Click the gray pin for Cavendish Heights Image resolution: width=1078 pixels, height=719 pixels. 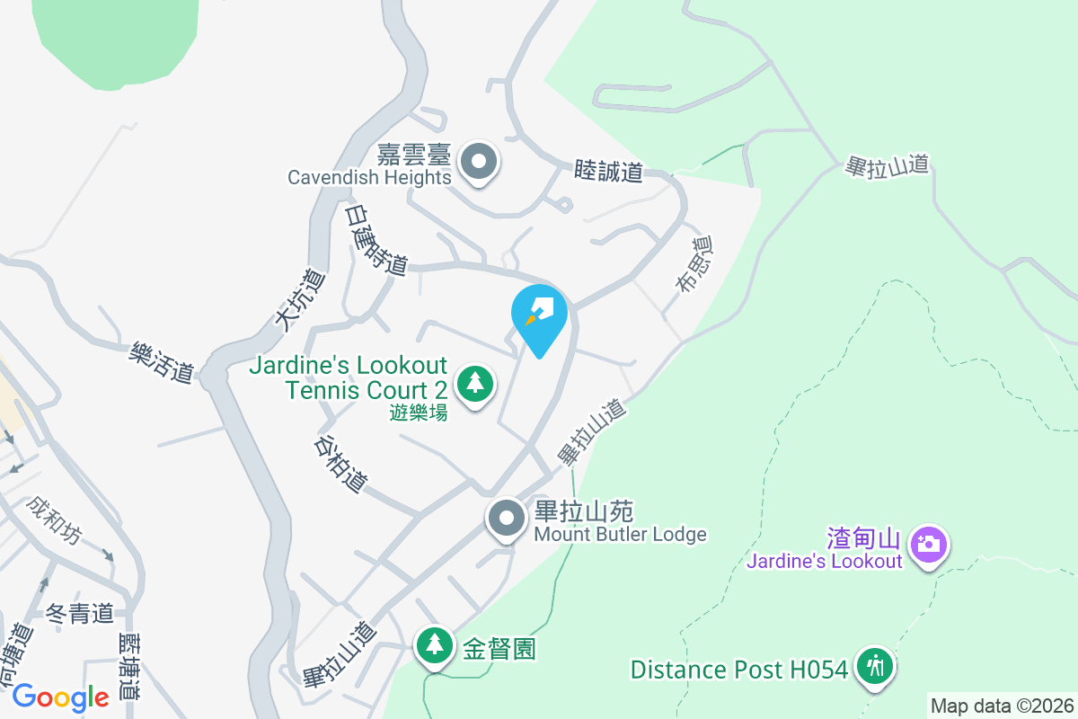tap(478, 163)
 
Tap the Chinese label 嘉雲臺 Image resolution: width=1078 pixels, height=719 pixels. tap(413, 154)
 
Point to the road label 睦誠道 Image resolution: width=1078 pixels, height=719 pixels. tap(609, 171)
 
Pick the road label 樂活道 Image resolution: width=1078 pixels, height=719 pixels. tap(162, 360)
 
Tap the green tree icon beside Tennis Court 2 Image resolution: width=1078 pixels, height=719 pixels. tap(475, 384)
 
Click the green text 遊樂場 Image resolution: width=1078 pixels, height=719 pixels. tap(419, 413)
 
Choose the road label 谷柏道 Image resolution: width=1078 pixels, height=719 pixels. tap(341, 464)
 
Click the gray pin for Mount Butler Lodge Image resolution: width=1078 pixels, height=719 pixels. tap(507, 519)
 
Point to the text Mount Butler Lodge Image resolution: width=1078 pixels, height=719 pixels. tap(620, 535)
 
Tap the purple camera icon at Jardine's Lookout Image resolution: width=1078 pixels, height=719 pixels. tap(927, 545)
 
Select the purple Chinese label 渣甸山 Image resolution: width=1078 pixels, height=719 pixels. tap(863, 538)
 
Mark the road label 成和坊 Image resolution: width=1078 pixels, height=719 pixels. tap(53, 520)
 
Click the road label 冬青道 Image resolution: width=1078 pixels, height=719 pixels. tap(80, 614)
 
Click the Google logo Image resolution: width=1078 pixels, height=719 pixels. tap(60, 697)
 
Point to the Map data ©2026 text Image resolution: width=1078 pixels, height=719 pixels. tap(1002, 706)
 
